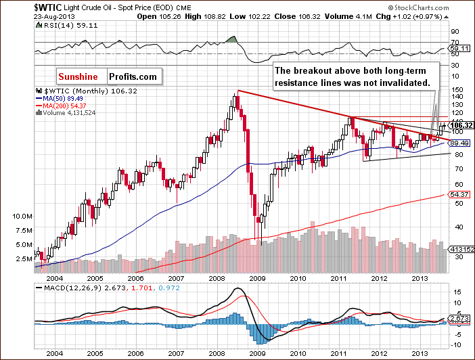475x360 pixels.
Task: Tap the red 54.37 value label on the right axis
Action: tap(457, 194)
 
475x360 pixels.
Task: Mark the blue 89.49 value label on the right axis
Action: tap(457, 143)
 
